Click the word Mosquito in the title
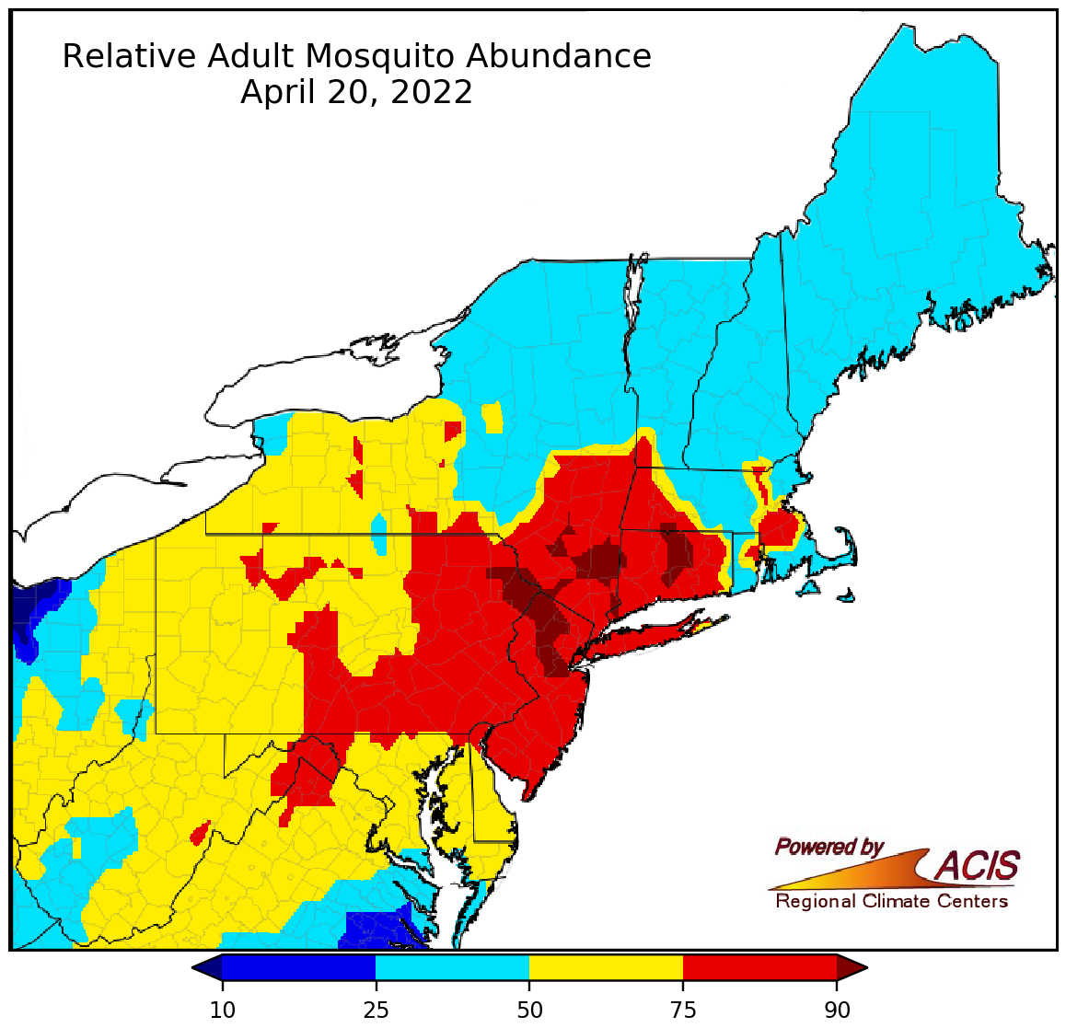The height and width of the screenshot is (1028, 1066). coord(379,57)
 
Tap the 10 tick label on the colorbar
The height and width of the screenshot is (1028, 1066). coord(222,1011)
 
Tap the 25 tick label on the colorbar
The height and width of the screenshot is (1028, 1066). coord(376,1011)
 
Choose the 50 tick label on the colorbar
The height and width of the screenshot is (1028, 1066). coord(529,1011)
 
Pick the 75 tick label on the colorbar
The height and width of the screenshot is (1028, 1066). coord(683,1011)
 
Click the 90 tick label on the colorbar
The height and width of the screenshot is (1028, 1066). coord(837,1011)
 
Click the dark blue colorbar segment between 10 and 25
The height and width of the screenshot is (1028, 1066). coord(298,968)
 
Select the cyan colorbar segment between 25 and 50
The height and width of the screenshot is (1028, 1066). coord(452,968)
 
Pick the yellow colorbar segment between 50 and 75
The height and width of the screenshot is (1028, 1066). coord(606,968)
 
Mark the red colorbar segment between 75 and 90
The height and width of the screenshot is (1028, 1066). coord(759,968)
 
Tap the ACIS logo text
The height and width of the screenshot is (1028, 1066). coord(978,866)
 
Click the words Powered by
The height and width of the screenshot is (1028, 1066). coord(828,847)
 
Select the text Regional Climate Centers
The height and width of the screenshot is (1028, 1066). coord(891,901)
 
